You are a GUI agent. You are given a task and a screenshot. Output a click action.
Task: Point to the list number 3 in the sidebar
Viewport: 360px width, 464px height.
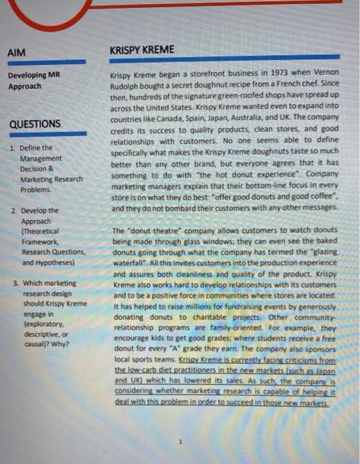tap(15, 283)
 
